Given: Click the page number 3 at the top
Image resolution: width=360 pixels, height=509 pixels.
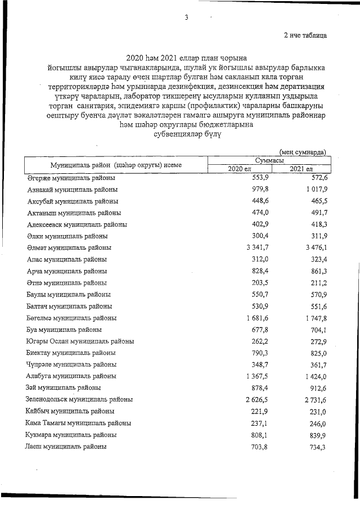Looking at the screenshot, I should click(x=186, y=18).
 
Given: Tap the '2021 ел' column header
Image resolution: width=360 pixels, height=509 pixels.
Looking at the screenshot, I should click(x=301, y=169).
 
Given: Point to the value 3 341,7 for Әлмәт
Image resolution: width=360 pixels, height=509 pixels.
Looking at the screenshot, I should click(x=253, y=247).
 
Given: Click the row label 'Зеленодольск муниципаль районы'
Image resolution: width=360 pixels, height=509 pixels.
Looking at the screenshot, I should click(x=79, y=399).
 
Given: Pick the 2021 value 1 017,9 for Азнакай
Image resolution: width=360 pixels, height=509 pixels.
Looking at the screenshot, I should click(x=313, y=189).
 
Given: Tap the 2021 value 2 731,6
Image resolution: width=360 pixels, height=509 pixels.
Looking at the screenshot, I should click(x=313, y=399).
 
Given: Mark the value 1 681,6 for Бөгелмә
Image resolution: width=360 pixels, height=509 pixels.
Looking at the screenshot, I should click(x=253, y=318).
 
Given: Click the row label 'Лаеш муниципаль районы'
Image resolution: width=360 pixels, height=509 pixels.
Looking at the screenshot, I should click(x=66, y=447).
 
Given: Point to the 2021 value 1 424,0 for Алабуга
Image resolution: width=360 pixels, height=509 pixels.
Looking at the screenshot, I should click(x=313, y=376).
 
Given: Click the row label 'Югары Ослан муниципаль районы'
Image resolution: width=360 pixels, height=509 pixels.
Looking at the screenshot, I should click(x=79, y=341).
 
